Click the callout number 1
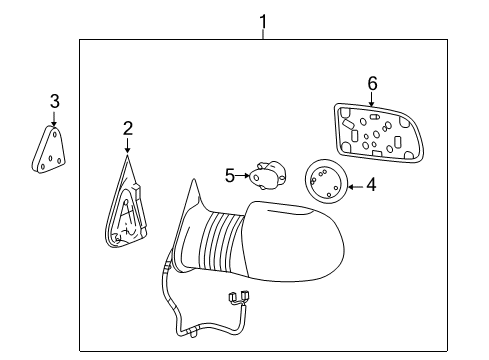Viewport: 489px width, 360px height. click(x=263, y=22)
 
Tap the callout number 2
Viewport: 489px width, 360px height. click(x=128, y=128)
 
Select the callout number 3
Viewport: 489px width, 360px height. click(x=55, y=101)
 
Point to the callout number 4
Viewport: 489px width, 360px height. click(x=371, y=184)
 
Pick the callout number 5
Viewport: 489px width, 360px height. click(x=230, y=176)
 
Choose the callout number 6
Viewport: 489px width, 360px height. click(x=372, y=83)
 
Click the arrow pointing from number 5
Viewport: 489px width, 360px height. click(x=242, y=175)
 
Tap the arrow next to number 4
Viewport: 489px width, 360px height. click(x=355, y=187)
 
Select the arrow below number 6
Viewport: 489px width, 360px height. click(x=372, y=99)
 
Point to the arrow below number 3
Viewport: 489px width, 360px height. click(x=54, y=118)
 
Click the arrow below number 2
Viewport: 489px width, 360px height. click(x=127, y=145)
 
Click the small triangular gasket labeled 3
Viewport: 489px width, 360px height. click(x=49, y=149)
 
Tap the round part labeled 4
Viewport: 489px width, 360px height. click(x=326, y=181)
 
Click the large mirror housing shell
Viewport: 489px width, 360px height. click(x=295, y=241)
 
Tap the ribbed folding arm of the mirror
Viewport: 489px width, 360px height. click(x=222, y=241)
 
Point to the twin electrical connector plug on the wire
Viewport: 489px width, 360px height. click(x=239, y=297)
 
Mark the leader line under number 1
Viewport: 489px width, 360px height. click(x=263, y=35)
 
